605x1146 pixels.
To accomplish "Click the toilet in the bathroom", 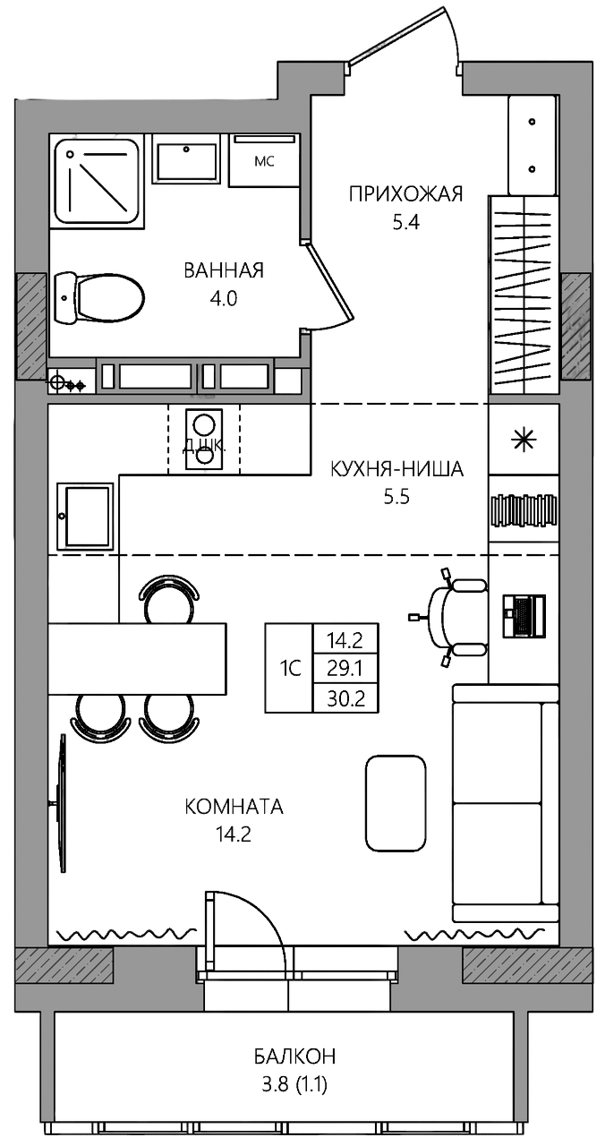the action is tap(98, 298).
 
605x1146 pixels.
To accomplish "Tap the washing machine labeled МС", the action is tap(263, 160).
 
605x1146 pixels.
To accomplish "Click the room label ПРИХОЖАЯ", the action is tap(405, 194).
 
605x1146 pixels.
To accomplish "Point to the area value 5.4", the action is tap(406, 223).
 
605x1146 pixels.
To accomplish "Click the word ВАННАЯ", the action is tap(224, 270).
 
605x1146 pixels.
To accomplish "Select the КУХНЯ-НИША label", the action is tap(396, 468).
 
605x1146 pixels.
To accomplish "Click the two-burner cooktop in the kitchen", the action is tap(203, 439).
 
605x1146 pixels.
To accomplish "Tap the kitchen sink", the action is tap(85, 517).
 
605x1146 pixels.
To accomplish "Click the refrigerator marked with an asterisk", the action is tap(524, 439).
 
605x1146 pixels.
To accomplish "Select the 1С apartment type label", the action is tap(290, 668).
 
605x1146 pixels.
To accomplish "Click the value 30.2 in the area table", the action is tap(346, 698).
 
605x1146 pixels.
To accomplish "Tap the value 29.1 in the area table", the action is tap(345, 668).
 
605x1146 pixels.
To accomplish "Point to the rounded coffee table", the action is tap(396, 811).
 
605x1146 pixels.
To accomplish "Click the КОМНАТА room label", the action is tap(234, 807).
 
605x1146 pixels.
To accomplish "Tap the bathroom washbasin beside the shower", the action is tap(186, 158).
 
